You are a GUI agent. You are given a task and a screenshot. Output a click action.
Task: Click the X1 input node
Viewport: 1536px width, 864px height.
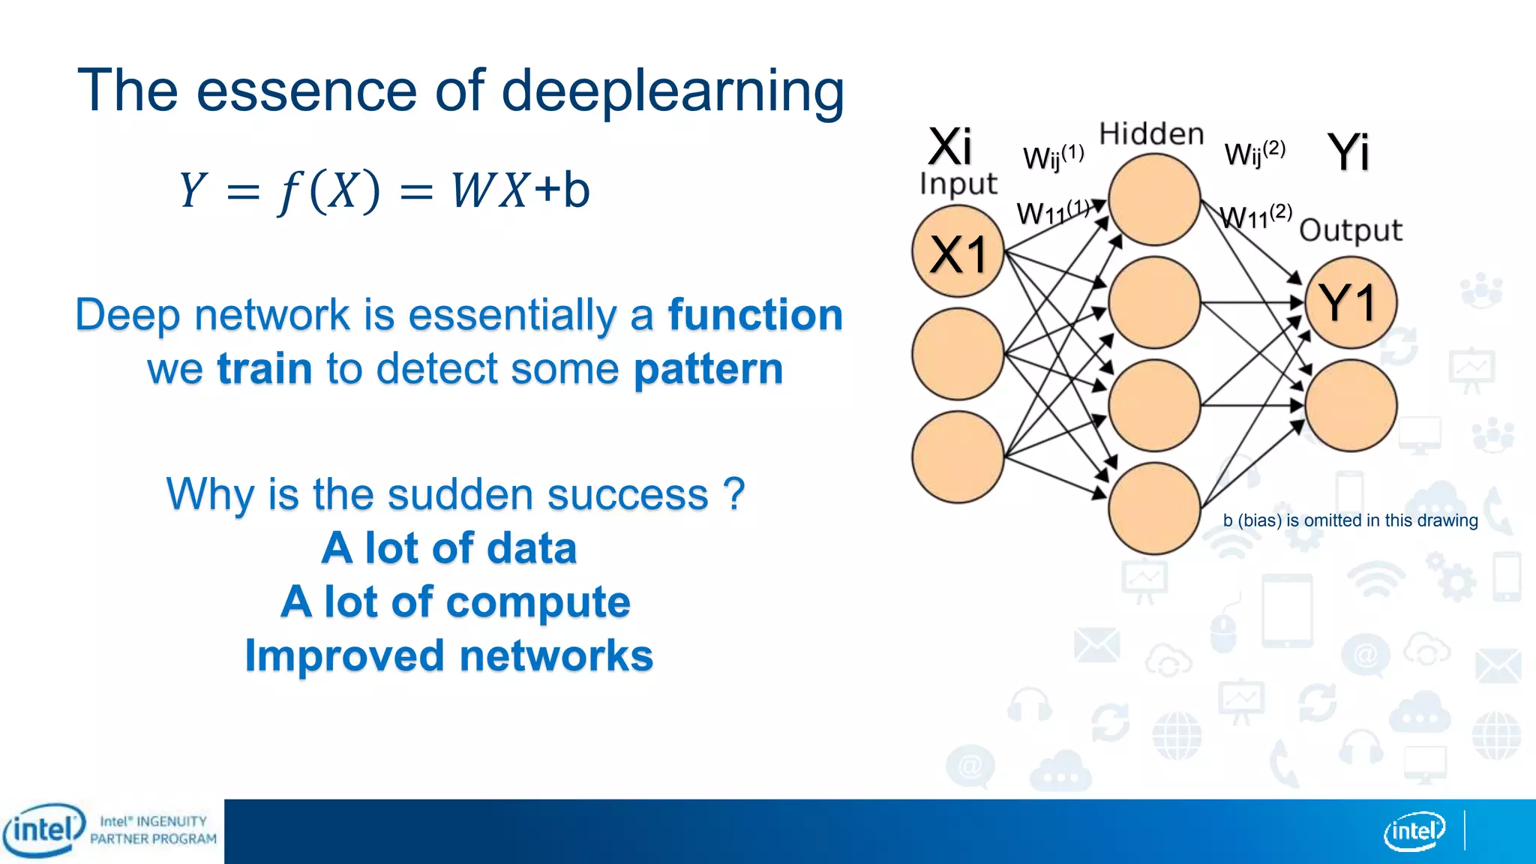[958, 252]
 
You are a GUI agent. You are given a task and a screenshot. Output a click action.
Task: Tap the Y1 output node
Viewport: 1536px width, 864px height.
[1350, 302]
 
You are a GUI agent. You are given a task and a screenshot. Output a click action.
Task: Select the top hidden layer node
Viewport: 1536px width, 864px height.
[1154, 199]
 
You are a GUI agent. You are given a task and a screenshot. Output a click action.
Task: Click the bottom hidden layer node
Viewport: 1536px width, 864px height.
[1154, 508]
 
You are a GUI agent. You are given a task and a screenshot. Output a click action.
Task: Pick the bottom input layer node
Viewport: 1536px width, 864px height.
[958, 457]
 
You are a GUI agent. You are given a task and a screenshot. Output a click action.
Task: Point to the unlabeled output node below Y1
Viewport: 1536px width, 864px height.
[1350, 406]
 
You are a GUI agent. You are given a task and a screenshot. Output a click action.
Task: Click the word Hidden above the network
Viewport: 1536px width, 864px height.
[1151, 134]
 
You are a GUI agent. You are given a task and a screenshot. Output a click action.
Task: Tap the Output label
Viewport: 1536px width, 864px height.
[1350, 230]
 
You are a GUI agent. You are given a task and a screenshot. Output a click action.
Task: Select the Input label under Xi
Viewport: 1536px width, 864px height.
[958, 184]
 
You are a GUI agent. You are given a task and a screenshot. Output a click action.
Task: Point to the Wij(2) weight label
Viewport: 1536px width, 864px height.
[1254, 154]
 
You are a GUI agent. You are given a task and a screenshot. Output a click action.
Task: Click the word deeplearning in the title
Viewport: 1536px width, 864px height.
[672, 91]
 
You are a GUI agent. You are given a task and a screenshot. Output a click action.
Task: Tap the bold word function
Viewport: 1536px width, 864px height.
[754, 314]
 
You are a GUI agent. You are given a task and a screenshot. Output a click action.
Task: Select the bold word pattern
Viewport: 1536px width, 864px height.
[708, 369]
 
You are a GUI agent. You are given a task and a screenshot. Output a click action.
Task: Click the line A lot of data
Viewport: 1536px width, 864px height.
[448, 548]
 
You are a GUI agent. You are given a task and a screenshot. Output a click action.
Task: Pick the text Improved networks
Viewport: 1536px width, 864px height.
[448, 655]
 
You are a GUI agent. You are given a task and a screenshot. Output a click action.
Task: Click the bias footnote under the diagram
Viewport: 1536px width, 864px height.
[1350, 520]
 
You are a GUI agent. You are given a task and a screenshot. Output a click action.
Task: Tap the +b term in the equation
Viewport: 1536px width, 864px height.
[562, 189]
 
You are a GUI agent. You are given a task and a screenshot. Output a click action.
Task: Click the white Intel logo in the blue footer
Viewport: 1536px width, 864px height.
[1414, 831]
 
